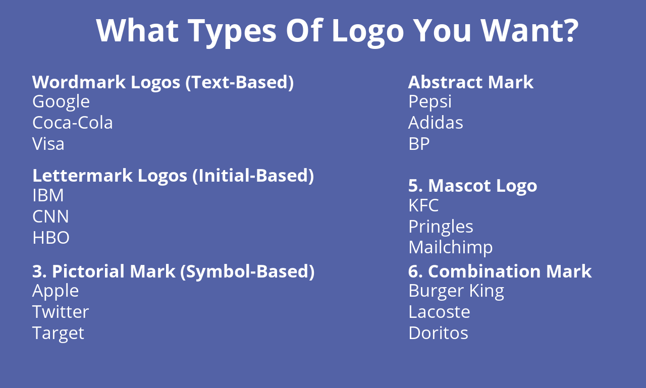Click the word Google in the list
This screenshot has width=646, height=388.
pos(61,102)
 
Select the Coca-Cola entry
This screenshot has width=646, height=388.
pos(73,123)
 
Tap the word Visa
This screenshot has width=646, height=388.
pos(48,144)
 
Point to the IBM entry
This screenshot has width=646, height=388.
pos(48,195)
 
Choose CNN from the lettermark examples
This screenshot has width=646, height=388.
pos(50,216)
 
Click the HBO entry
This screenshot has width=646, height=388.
pos(51,238)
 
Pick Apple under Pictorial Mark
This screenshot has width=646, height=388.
pos(56,291)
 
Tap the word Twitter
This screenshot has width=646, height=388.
pos(61,312)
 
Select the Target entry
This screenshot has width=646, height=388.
pos(58,333)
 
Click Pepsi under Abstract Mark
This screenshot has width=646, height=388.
pos(430,101)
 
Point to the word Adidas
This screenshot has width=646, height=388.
pos(436,123)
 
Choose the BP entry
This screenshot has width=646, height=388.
pos(419,144)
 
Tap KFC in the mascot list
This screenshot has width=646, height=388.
pos(423,205)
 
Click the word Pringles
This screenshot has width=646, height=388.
pos(441,227)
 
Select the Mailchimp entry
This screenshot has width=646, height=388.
pos(450,247)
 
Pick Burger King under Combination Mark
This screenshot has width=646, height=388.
pos(456,291)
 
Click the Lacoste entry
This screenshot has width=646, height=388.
pos(439,312)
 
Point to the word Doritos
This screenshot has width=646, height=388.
pos(438,333)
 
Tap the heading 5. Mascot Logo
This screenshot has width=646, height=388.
pos(472,186)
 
